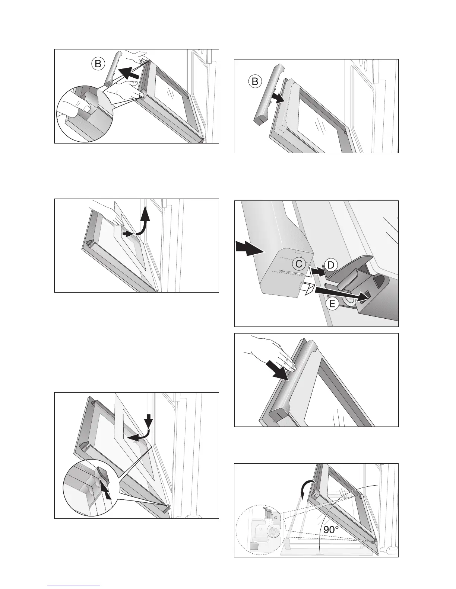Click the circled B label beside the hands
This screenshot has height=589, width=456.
click(98, 64)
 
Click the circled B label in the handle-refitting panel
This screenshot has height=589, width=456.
click(255, 81)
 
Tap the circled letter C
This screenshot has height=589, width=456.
click(299, 264)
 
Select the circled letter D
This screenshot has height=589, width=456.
click(331, 265)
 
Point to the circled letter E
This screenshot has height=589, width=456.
click(332, 303)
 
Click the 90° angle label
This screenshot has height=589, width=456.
click(331, 529)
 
